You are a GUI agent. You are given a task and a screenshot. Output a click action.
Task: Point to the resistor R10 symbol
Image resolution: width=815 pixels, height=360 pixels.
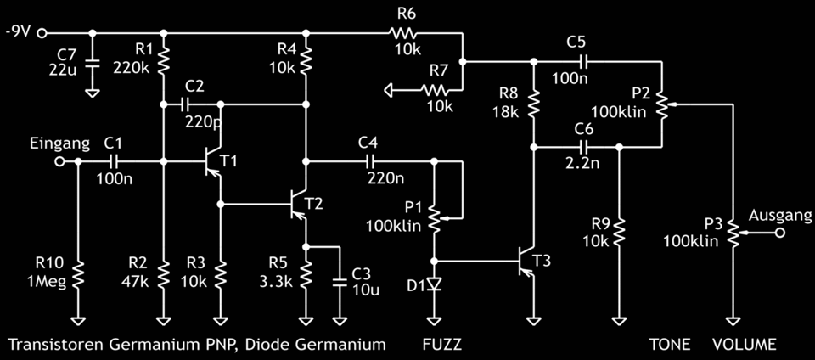(x=77, y=274)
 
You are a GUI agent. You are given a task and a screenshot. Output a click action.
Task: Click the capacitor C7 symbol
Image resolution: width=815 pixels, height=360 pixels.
(x=93, y=64)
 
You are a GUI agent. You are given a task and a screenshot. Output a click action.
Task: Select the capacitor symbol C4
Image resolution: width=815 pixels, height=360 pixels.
(x=369, y=160)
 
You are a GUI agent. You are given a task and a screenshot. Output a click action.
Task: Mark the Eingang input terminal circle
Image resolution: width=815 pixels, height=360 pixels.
(x=59, y=160)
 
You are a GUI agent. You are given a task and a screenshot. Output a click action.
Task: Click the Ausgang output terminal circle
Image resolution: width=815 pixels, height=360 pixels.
(x=778, y=230)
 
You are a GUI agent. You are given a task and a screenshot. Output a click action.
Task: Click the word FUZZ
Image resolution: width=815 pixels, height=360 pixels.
(x=441, y=345)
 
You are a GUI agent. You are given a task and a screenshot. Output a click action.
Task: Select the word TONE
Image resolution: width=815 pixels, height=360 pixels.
(x=670, y=345)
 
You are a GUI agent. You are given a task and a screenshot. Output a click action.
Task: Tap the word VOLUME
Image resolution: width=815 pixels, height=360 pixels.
(x=744, y=345)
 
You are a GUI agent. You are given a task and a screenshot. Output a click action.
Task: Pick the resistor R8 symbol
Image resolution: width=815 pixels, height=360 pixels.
(x=533, y=104)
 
